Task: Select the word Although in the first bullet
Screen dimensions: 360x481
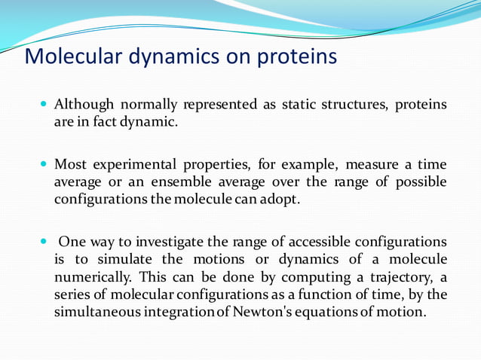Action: [81, 104]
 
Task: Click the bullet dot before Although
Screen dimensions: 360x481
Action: [44, 104]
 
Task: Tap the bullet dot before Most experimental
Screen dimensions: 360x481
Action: [44, 164]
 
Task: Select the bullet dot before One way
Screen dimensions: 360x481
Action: [44, 242]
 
